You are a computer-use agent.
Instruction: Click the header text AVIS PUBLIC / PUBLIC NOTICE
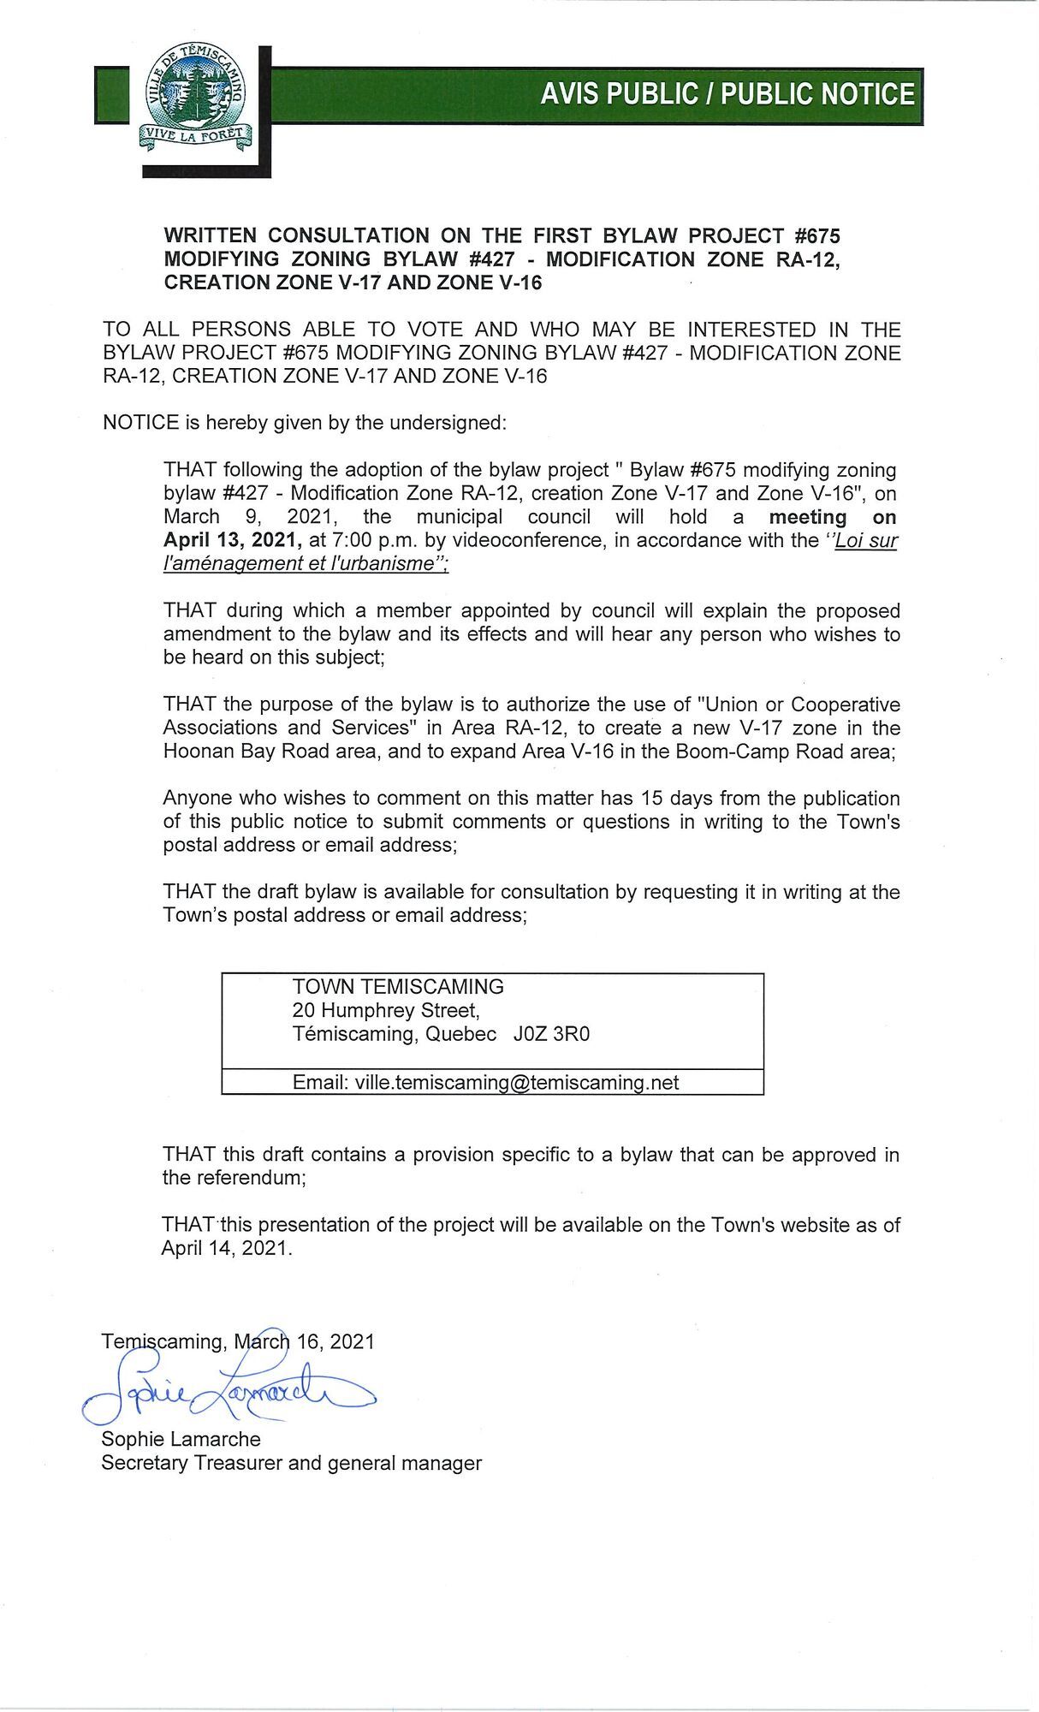727,94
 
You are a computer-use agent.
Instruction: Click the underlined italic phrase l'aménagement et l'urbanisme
306,563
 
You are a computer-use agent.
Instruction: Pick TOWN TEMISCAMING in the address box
398,986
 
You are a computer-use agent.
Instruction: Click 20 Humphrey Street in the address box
385,1010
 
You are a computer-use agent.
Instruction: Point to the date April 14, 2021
226,1248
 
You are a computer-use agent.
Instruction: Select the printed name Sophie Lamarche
181,1439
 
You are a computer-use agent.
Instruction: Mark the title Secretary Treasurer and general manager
291,1463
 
